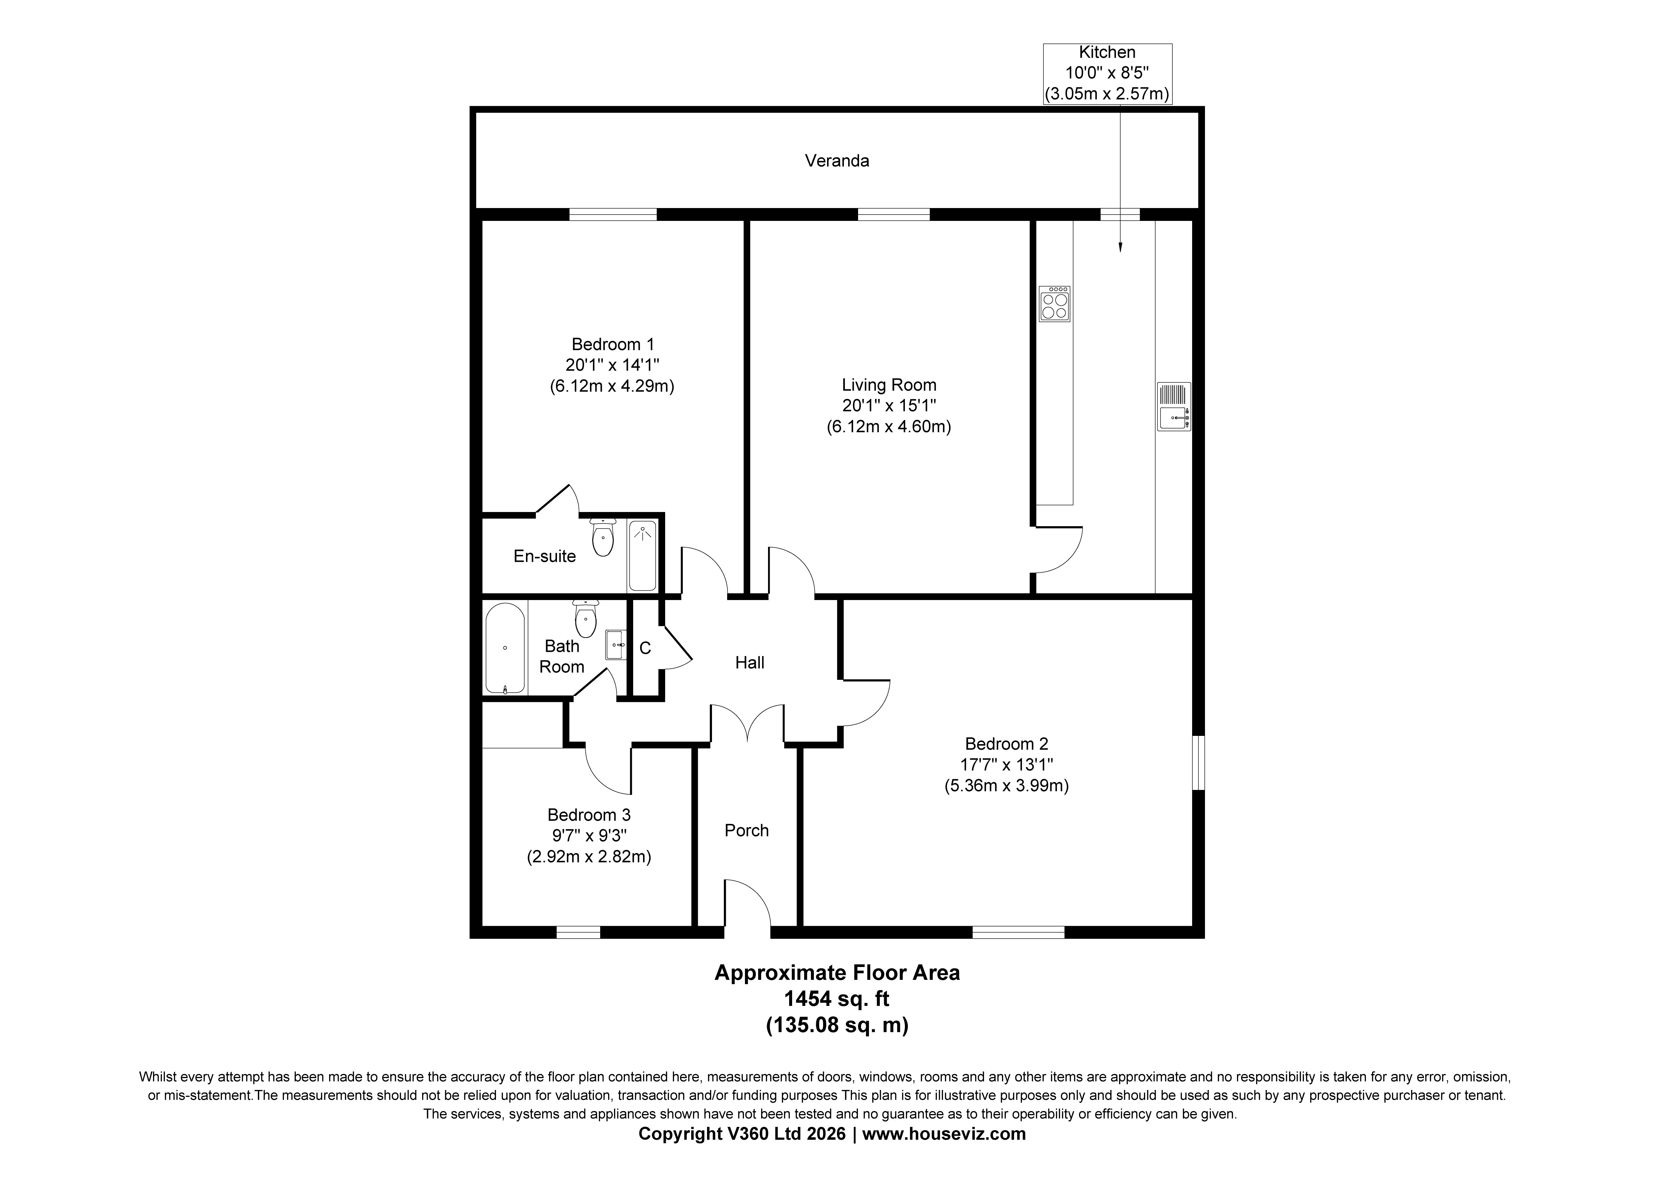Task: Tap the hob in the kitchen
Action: point(1054,303)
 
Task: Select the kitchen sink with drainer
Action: point(1173,407)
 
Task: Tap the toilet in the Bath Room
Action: point(585,618)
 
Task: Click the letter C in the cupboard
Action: point(645,648)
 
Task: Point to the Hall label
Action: point(750,663)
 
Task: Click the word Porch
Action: point(747,830)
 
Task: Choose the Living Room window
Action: point(893,214)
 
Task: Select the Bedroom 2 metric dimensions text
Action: point(1006,785)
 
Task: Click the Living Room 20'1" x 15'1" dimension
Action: point(889,406)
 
